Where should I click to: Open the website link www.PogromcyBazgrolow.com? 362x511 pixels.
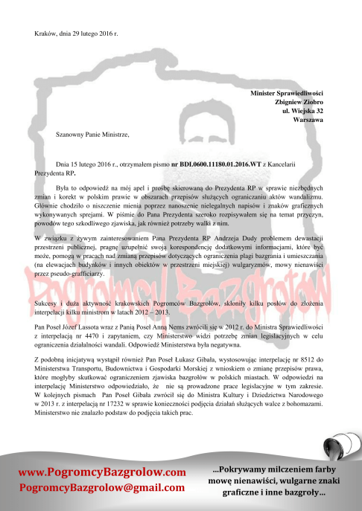point(102,472)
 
